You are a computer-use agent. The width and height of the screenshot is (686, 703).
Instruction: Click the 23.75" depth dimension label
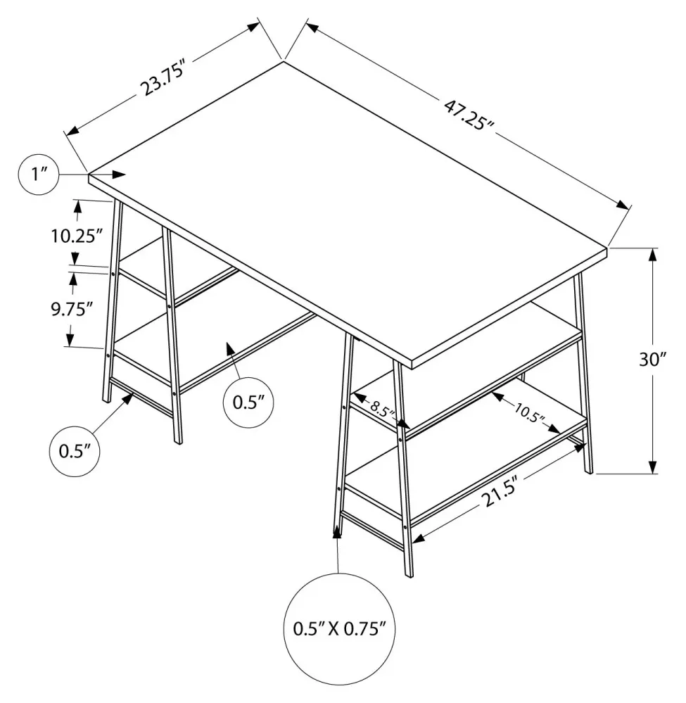point(163,81)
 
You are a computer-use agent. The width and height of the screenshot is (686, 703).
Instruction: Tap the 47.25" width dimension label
point(469,115)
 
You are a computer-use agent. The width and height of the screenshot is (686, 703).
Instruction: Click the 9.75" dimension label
point(72,310)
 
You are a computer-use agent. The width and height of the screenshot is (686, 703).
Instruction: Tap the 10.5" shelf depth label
point(530,413)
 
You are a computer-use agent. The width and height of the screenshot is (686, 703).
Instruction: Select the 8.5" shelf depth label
point(383,408)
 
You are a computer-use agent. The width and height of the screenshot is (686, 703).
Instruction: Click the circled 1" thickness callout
point(39,175)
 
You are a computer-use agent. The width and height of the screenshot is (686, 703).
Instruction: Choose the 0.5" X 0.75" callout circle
point(339,628)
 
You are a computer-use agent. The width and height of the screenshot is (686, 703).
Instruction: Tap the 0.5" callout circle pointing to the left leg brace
point(74,452)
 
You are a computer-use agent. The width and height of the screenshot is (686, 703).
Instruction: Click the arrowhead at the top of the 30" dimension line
point(653,255)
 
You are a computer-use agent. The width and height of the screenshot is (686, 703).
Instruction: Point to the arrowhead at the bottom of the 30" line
point(653,467)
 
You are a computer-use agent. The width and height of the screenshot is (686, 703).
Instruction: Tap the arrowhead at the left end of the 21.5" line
point(419,538)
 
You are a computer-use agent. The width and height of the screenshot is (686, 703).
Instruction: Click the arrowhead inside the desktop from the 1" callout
point(120,175)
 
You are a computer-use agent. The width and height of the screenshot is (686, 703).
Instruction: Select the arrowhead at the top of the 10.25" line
point(78,207)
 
